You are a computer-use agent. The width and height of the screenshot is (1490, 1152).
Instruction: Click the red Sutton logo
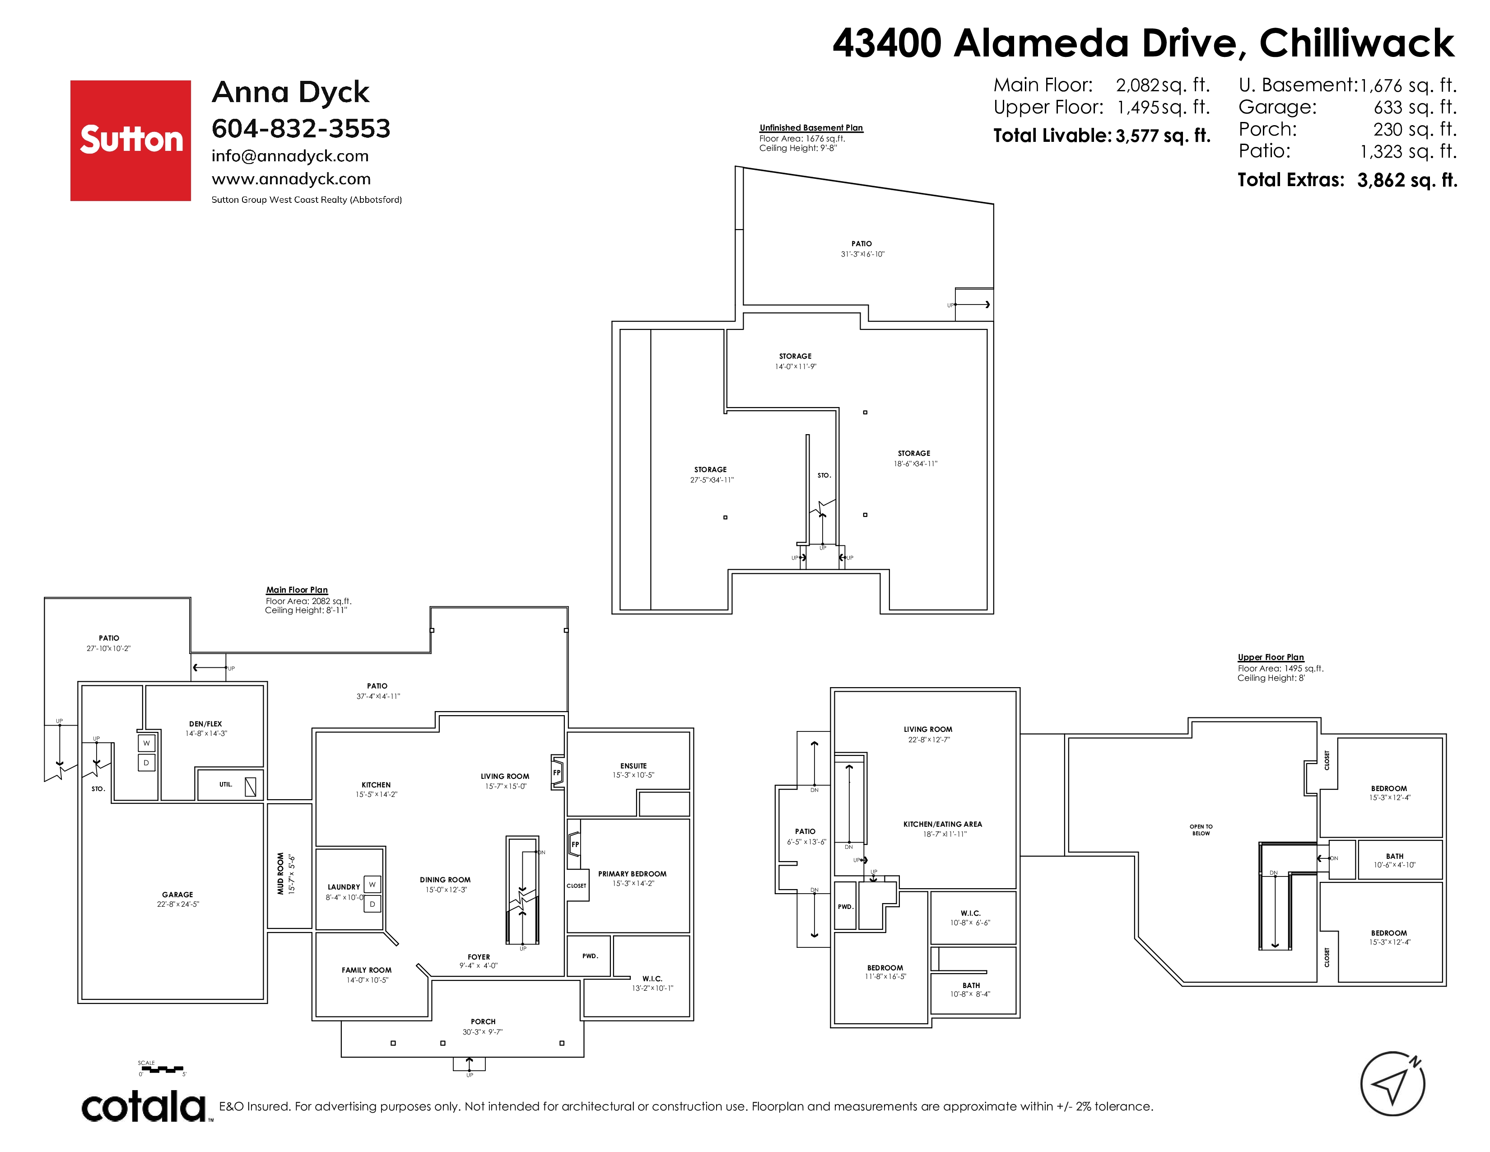coord(130,140)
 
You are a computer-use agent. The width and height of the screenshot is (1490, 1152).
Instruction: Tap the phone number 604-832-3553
coord(301,128)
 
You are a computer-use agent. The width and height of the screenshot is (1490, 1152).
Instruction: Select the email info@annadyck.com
coord(290,156)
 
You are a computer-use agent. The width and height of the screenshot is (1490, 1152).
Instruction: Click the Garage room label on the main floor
coord(177,894)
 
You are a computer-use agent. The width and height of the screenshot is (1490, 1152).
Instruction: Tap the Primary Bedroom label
coord(633,874)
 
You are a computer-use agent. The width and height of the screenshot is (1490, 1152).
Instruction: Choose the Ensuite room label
coord(633,766)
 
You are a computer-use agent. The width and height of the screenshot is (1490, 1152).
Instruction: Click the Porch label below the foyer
coord(483,1021)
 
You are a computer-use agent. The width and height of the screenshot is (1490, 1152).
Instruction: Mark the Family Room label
coord(366,970)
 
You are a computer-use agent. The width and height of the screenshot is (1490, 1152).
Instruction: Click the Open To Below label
coord(1201,830)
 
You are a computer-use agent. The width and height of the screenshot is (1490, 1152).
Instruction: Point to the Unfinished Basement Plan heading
coord(811,127)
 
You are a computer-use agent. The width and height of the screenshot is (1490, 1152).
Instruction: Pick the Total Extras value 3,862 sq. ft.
coord(1407,180)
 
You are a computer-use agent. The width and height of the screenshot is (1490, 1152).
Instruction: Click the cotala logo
coord(144,1106)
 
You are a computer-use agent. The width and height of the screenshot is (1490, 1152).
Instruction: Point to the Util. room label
coord(226,784)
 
